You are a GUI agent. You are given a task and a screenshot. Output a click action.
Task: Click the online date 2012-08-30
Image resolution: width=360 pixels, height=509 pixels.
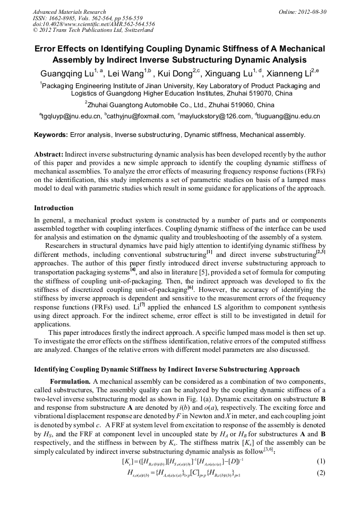coord(313,11)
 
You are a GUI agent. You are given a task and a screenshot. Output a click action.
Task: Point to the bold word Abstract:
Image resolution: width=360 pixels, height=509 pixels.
coord(48,153)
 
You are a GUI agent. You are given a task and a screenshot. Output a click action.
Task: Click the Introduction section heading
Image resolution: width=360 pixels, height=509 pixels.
coord(54,208)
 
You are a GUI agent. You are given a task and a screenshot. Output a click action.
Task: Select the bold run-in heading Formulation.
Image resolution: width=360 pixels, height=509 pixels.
coord(70,383)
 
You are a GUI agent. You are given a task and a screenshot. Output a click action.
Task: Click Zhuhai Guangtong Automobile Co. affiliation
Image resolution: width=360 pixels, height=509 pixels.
coord(180,105)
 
